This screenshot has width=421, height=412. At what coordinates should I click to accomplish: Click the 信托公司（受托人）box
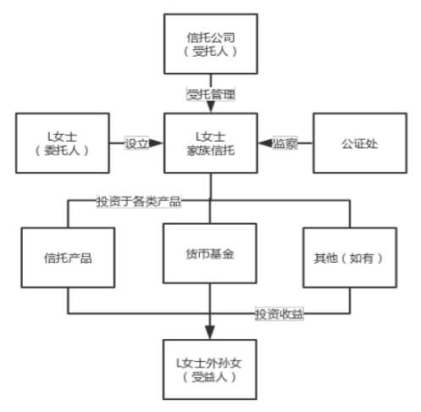tap(211, 44)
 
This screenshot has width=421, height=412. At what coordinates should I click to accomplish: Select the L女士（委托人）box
tap(63, 143)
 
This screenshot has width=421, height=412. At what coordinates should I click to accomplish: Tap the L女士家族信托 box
tap(211, 143)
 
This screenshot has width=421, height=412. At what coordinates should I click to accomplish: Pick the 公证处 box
tap(360, 143)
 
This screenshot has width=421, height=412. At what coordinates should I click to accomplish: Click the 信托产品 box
tap(68, 258)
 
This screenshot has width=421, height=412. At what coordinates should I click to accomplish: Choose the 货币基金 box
tap(210, 253)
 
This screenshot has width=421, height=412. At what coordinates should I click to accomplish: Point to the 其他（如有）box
tap(350, 258)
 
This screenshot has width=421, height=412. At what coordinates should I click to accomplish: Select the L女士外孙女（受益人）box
tap(210, 370)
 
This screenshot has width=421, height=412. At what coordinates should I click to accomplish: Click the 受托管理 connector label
tap(211, 94)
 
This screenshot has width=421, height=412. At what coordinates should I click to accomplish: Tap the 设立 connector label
tap(136, 143)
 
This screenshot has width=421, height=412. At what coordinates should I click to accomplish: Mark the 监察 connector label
tap(285, 143)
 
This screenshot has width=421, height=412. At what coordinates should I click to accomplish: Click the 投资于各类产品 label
tap(139, 202)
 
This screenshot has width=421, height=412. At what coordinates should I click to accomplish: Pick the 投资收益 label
tap(280, 314)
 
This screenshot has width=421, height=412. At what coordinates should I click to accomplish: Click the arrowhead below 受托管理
tap(211, 107)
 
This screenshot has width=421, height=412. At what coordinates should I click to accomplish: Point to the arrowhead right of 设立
tap(156, 143)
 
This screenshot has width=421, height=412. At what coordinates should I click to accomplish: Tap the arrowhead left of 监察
tap(266, 143)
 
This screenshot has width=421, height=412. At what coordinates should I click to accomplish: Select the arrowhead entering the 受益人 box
tap(210, 332)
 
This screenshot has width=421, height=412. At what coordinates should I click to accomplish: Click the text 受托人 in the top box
tap(210, 52)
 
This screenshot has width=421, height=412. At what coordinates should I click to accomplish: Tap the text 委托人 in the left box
tap(62, 150)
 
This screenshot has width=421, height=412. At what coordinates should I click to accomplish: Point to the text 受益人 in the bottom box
tap(209, 377)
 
